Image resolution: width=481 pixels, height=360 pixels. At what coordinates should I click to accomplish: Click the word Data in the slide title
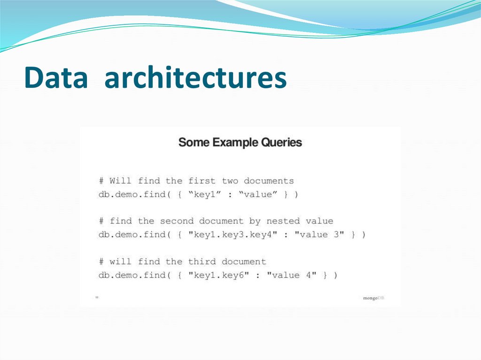click(56, 78)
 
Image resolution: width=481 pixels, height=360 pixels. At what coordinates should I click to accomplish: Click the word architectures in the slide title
click(195, 78)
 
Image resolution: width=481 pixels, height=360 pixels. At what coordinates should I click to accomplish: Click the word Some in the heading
click(194, 142)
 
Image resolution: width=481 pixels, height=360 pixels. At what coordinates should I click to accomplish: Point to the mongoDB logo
click(373, 298)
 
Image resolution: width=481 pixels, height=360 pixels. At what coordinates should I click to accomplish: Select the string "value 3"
click(319, 234)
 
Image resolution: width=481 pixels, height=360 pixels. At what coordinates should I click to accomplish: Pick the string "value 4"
click(292, 275)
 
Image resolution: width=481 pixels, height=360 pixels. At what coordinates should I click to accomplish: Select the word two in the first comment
click(230, 181)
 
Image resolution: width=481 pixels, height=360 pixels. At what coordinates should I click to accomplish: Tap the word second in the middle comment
click(176, 221)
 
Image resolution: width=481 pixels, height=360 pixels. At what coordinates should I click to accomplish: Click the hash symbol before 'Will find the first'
click(101, 181)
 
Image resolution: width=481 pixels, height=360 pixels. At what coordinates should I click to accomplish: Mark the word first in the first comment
click(202, 181)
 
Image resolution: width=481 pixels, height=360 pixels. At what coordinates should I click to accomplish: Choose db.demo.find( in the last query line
click(132, 275)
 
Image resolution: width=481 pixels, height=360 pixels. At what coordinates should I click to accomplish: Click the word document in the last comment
click(244, 261)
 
